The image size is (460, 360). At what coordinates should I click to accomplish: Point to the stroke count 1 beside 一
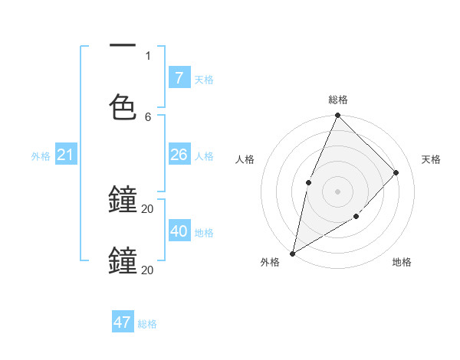(148, 55)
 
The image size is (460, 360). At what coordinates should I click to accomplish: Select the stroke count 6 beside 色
(148, 116)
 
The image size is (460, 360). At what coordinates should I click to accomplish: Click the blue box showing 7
(179, 77)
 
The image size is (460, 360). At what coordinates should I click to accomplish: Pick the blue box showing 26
(179, 155)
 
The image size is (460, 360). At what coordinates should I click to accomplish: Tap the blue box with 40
(179, 231)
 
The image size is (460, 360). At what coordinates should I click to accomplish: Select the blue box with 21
(65, 155)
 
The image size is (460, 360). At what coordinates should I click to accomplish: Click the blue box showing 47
(123, 322)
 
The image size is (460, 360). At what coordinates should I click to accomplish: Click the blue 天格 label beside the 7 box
(204, 79)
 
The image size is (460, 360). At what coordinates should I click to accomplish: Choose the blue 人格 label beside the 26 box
(204, 155)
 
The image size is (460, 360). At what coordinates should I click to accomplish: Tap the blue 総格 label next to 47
(147, 324)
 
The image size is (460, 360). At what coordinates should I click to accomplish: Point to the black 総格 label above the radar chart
(337, 100)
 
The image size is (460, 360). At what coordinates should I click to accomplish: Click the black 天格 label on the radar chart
(431, 159)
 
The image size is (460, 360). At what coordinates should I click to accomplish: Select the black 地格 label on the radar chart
(402, 262)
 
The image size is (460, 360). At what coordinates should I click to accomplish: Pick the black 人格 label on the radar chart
(245, 159)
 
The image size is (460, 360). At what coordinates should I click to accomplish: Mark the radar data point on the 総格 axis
(337, 116)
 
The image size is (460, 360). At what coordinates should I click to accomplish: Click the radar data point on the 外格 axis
(292, 253)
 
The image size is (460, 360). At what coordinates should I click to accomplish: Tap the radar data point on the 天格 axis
(396, 172)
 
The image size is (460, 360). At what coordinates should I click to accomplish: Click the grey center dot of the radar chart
(337, 191)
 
